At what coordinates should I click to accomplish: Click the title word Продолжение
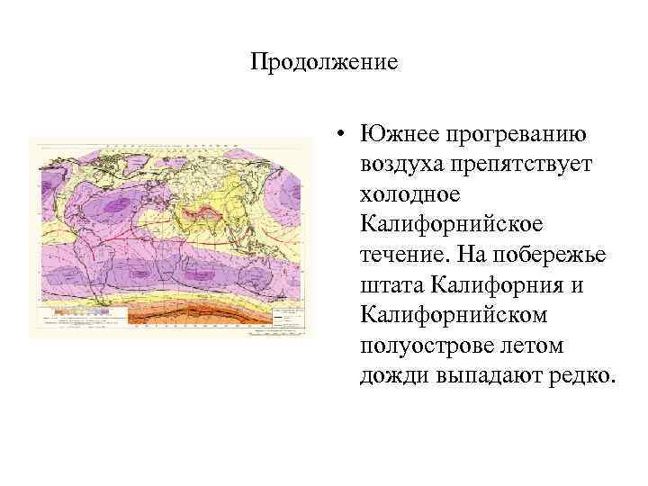[323, 63]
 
